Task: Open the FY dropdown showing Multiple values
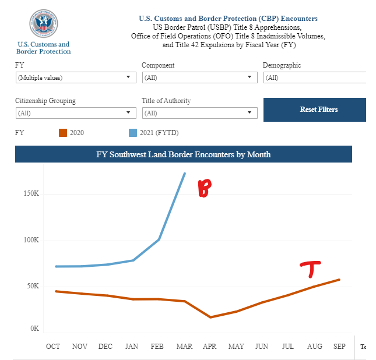(x=75, y=77)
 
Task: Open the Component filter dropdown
(x=199, y=77)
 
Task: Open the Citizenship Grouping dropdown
(x=75, y=113)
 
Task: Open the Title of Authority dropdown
(x=199, y=113)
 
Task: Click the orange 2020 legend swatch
(x=63, y=133)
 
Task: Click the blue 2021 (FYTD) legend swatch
(x=132, y=133)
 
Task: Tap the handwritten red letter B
(x=203, y=189)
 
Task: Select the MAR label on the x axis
(x=184, y=347)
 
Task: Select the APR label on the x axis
(x=210, y=347)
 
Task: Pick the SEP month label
(x=339, y=347)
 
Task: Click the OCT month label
(x=53, y=347)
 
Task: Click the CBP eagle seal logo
(x=43, y=24)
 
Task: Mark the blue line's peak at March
(x=185, y=174)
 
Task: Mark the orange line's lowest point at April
(x=210, y=317)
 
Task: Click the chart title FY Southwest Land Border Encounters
(x=183, y=154)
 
